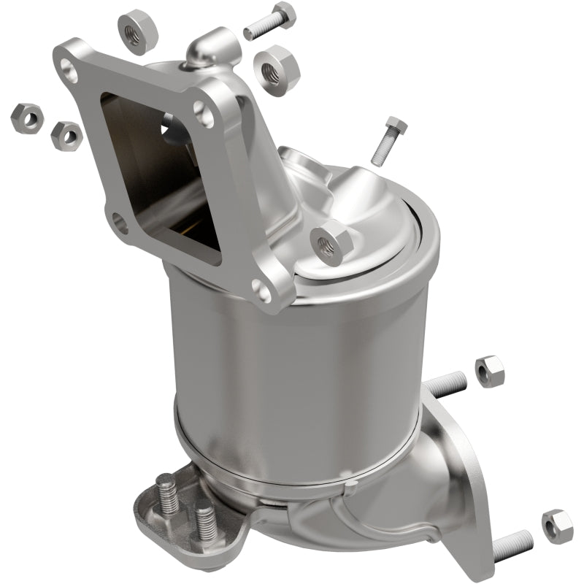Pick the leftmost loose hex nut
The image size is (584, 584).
click(x=26, y=118)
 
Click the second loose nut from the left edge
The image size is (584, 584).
click(x=66, y=134)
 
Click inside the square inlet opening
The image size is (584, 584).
click(x=161, y=175)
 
